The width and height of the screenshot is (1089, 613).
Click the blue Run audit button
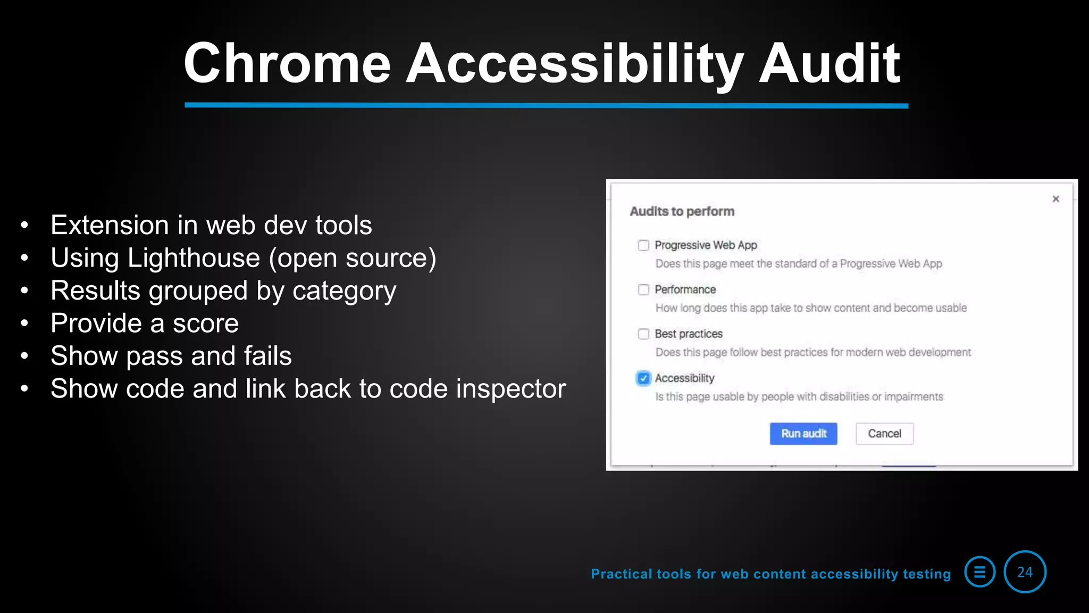pyautogui.click(x=803, y=434)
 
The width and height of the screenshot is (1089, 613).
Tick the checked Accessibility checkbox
pyautogui.click(x=643, y=378)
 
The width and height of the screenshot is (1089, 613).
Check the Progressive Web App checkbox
pyautogui.click(x=643, y=245)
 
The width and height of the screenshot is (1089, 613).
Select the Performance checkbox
pyautogui.click(x=643, y=289)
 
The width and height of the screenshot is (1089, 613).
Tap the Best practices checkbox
pyautogui.click(x=643, y=334)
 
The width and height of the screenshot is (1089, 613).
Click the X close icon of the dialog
pyautogui.click(x=1056, y=199)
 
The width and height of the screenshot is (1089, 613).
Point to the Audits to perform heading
pyautogui.click(x=682, y=212)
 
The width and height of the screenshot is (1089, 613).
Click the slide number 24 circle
pyautogui.click(x=1025, y=572)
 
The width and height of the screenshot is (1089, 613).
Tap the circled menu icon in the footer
pyautogui.click(x=979, y=572)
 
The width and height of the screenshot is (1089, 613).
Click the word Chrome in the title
pyautogui.click(x=287, y=64)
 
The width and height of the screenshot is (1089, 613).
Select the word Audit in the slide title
pyautogui.click(x=829, y=64)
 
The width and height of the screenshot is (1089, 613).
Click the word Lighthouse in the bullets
pyautogui.click(x=194, y=259)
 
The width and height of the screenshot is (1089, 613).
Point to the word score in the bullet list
pyautogui.click(x=206, y=324)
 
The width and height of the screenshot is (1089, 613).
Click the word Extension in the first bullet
pyautogui.click(x=110, y=226)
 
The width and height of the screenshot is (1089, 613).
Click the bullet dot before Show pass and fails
pyautogui.click(x=24, y=356)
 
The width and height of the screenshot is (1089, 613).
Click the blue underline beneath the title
pyautogui.click(x=546, y=105)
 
